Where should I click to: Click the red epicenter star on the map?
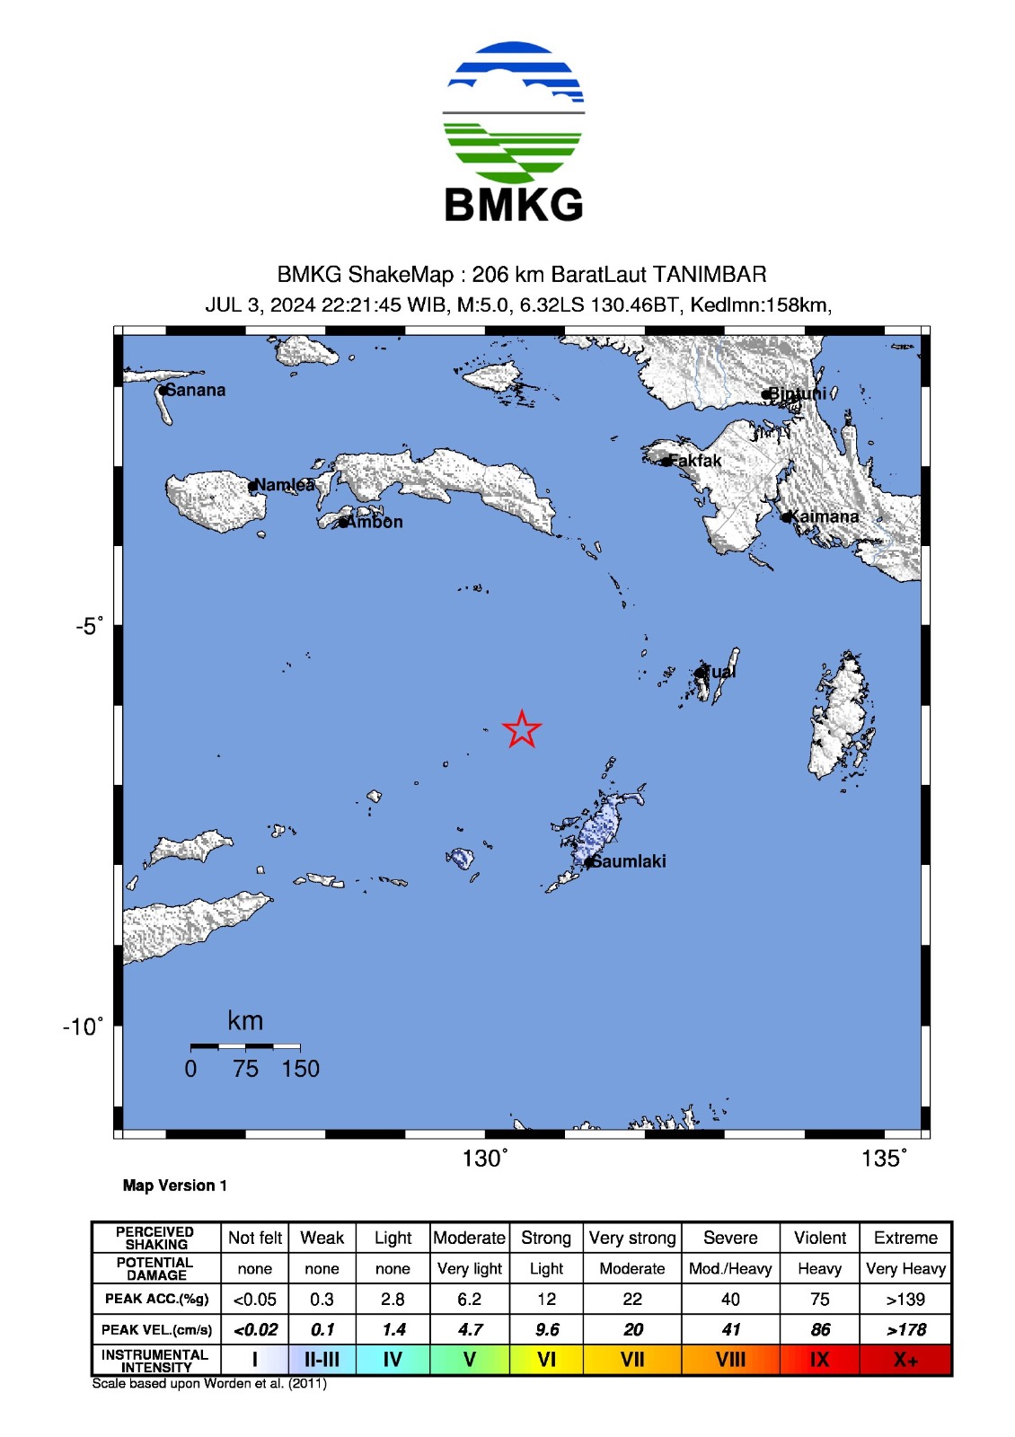[521, 729]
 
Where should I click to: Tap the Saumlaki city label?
[629, 861]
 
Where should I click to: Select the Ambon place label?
[375, 522]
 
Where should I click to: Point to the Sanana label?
[196, 390]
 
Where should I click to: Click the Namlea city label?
[285, 485]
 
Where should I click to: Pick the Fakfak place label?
[694, 461]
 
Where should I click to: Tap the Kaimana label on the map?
[825, 516]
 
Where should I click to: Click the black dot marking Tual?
[699, 673]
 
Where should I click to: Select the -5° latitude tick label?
[89, 626]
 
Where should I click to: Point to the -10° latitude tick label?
[83, 1027]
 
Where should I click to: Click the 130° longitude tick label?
[485, 1159]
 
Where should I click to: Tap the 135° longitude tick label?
[883, 1159]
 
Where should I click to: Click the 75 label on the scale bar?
[245, 1069]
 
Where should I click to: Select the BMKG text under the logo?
[514, 205]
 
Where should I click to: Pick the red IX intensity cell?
[819, 1360]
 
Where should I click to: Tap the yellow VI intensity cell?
[546, 1360]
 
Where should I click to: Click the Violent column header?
[819, 1238]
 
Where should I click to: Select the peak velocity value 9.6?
[546, 1329]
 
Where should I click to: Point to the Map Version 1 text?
[175, 1186]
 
